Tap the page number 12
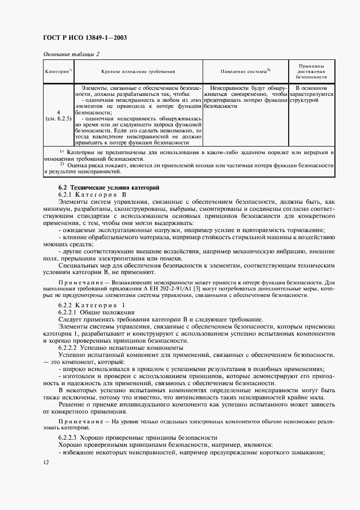tap(46, 462)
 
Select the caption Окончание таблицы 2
tap(71, 54)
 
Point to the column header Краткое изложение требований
tap(138, 71)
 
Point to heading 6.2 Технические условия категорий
tap(101, 187)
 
